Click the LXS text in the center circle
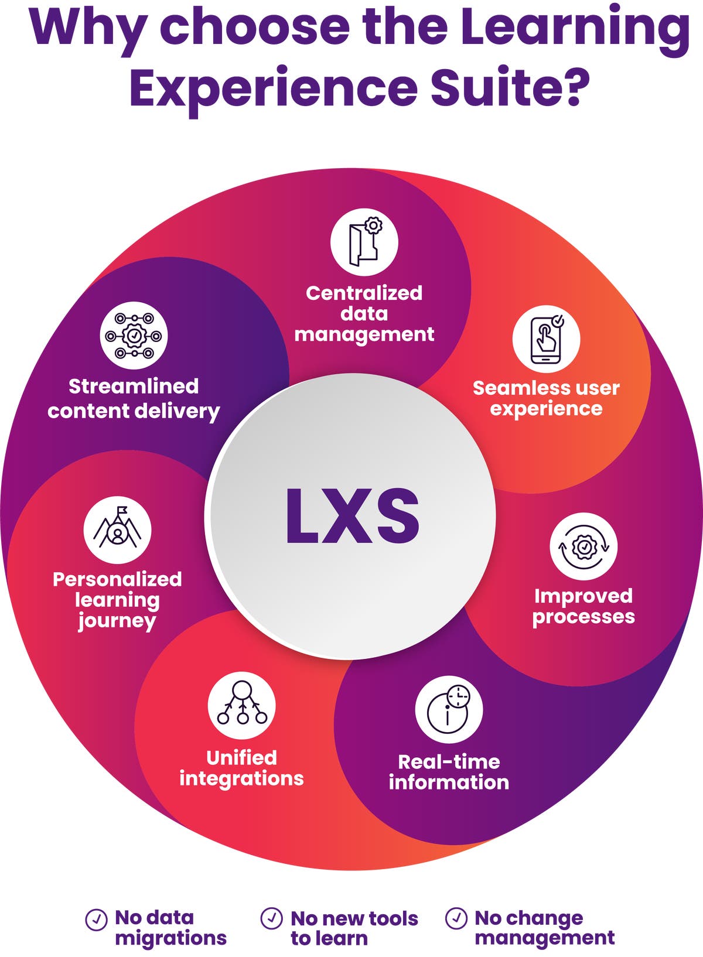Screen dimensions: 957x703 (x=352, y=515)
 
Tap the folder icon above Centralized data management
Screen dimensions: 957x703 (x=364, y=242)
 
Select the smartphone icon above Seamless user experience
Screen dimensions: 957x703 (x=546, y=339)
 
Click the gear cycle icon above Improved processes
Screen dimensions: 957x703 (x=583, y=546)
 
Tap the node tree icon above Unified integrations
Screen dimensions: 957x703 (x=241, y=706)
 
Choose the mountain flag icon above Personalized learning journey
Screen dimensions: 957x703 (x=117, y=530)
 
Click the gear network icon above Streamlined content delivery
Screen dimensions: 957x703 (x=134, y=336)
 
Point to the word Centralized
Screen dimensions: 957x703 (x=364, y=293)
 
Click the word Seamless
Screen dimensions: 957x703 (x=507, y=388)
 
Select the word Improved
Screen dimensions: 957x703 (x=583, y=596)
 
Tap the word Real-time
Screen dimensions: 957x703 (x=449, y=761)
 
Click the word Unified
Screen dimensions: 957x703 (x=241, y=758)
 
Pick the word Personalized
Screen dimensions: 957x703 (x=117, y=579)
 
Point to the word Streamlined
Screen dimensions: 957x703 (x=134, y=386)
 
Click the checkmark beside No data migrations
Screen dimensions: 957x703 (x=96, y=920)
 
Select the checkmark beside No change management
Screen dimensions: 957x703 (x=456, y=918)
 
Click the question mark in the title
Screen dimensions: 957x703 (x=570, y=88)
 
